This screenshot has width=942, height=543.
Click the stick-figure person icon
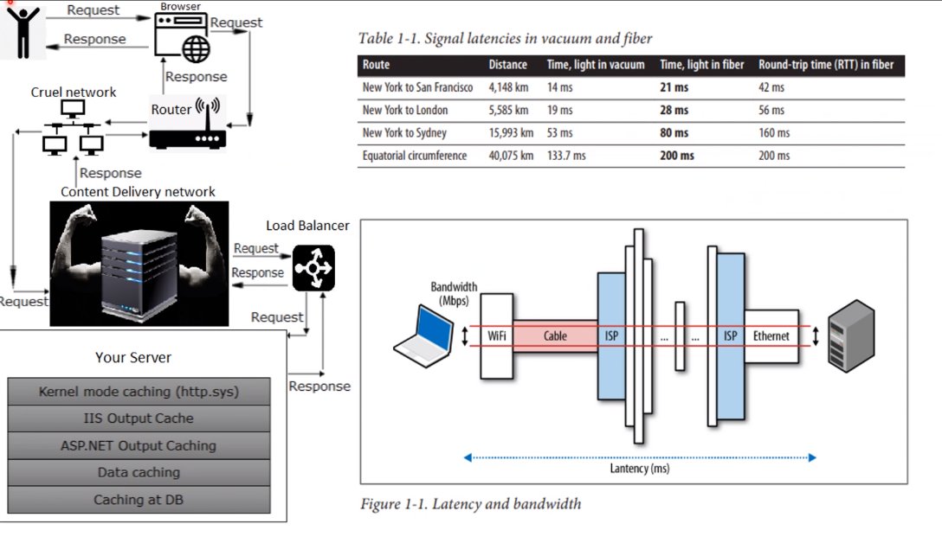click(23, 32)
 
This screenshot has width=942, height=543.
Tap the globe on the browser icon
click(197, 49)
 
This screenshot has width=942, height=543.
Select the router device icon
click(187, 125)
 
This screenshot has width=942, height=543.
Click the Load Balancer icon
click(313, 267)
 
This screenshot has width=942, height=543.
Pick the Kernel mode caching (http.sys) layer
click(139, 392)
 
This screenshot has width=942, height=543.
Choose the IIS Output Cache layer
click(139, 418)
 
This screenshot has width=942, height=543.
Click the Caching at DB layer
click(139, 500)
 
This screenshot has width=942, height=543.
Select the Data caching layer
click(139, 473)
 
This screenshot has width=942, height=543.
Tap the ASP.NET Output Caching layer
click(139, 446)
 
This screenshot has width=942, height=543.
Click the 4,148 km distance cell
click(508, 87)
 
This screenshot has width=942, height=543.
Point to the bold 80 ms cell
click(674, 132)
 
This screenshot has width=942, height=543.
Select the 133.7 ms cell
click(566, 156)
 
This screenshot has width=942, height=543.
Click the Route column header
click(376, 65)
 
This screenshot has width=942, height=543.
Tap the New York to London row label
click(405, 111)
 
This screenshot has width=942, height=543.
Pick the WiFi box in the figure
click(497, 336)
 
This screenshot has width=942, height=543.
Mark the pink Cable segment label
click(555, 336)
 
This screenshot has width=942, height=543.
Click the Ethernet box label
click(771, 336)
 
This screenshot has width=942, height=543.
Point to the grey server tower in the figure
click(851, 336)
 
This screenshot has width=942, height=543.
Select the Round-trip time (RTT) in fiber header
click(826, 65)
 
